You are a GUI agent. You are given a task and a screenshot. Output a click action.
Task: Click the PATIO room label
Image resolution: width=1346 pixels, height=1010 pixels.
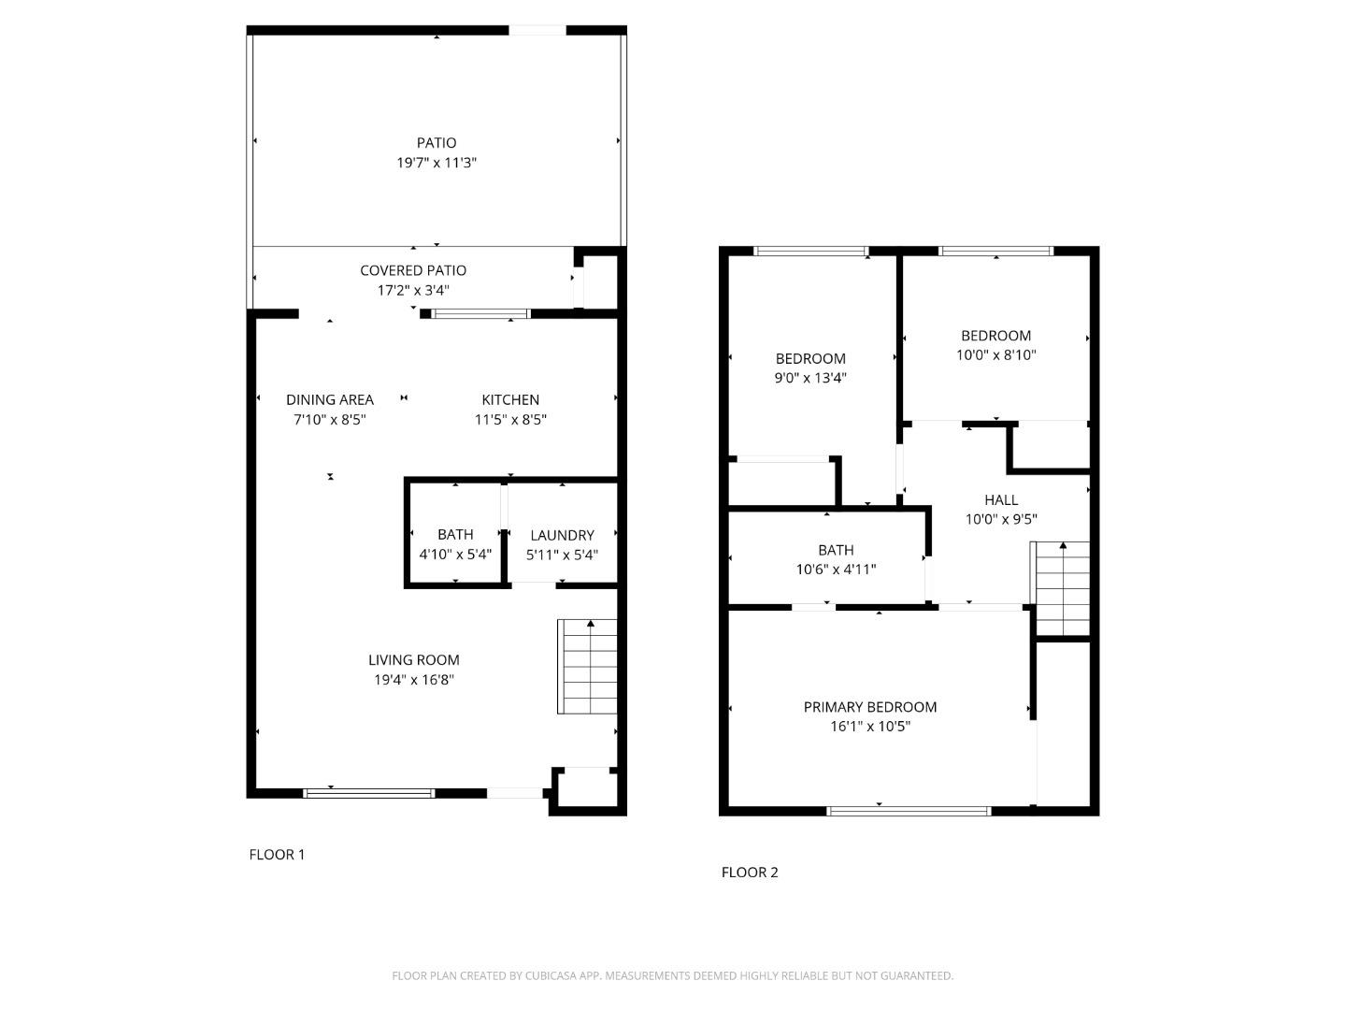coord(437,143)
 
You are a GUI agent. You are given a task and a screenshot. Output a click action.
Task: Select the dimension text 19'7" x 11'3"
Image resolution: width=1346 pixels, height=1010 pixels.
coord(437,163)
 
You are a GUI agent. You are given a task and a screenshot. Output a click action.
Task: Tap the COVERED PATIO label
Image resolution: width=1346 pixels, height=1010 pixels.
coord(413,270)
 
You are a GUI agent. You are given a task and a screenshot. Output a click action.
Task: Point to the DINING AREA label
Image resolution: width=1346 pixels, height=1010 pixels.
coord(330,399)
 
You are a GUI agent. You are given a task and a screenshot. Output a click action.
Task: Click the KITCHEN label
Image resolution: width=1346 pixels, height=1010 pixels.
coord(510,399)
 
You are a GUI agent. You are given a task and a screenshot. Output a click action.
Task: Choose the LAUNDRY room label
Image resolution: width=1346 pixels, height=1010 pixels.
coord(562,535)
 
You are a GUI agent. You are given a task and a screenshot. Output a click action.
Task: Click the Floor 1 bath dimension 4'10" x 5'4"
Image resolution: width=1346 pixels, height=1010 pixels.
coord(455,555)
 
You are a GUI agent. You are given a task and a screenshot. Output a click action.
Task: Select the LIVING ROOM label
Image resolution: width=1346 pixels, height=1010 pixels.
coord(414,660)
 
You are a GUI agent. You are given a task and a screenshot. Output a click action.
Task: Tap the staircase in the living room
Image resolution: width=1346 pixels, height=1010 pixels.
coord(588,667)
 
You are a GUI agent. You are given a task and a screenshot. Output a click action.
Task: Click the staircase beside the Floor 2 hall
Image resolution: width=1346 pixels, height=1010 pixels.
coord(1062,588)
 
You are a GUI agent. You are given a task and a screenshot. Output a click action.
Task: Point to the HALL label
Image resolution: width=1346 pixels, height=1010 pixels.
coord(1001,500)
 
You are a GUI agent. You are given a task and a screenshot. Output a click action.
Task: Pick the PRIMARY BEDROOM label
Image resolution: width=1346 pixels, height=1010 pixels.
coord(870,707)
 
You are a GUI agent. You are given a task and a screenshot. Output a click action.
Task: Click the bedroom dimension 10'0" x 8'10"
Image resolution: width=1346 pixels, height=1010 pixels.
coord(996,355)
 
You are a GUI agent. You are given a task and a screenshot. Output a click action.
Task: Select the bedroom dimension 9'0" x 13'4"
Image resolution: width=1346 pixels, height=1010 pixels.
coord(811,378)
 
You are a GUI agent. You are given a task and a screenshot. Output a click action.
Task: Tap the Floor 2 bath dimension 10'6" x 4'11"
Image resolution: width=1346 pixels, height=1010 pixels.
coord(836,570)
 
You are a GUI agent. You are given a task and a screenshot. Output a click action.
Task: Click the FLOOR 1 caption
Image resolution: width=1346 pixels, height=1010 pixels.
coord(277,854)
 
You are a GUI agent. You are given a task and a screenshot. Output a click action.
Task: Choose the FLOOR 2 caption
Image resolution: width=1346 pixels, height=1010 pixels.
coord(750,873)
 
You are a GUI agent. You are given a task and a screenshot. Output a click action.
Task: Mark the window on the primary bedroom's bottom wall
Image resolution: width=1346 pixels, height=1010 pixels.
coord(909,811)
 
